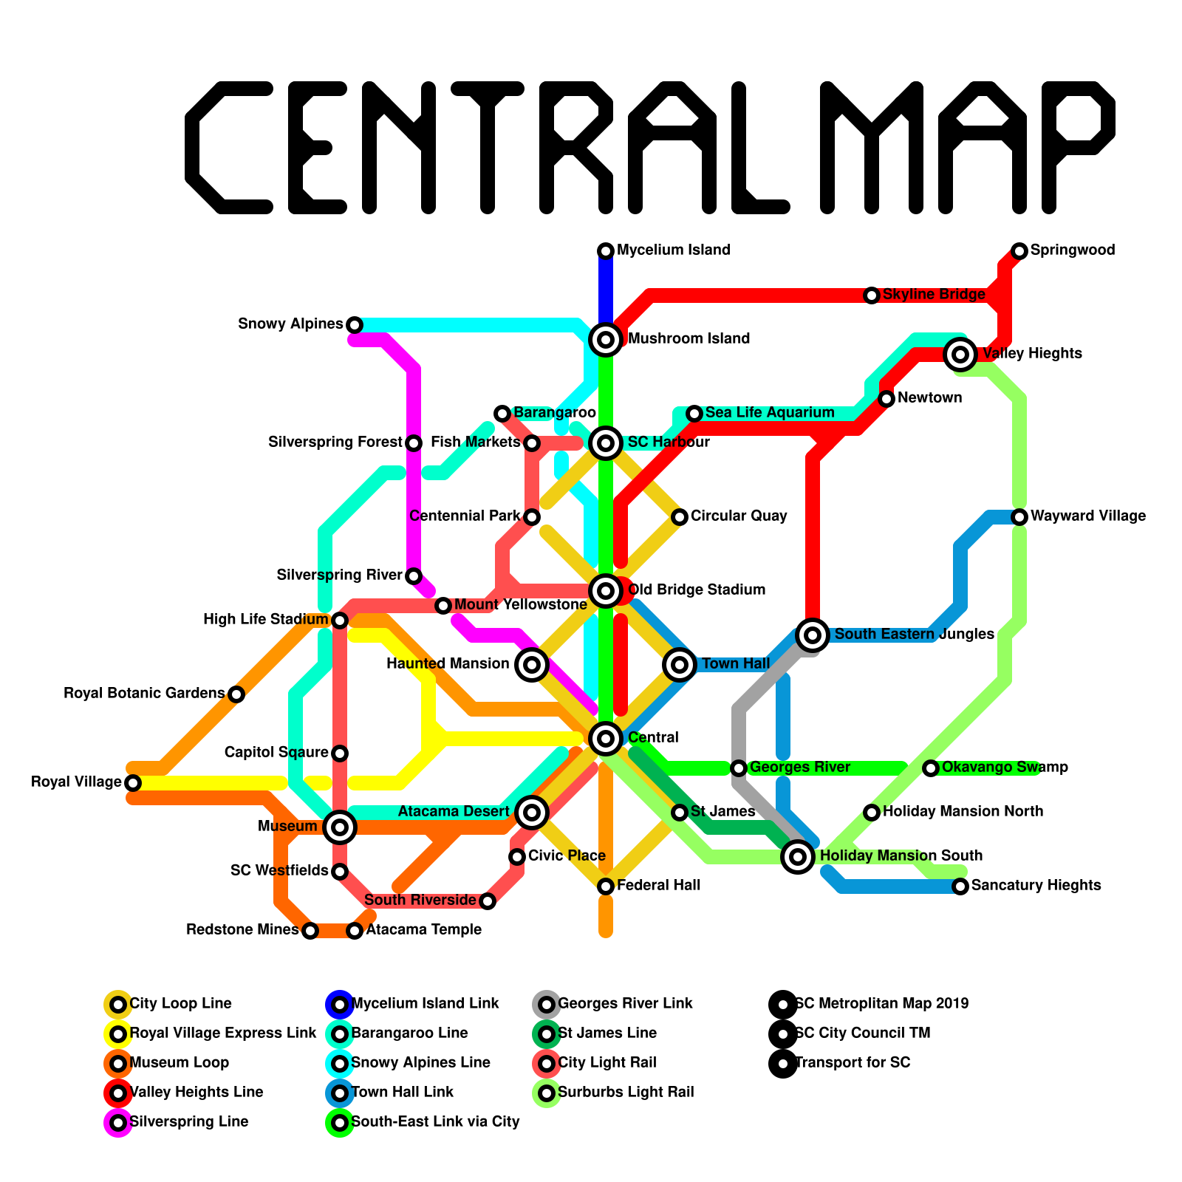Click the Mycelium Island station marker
coord(606,251)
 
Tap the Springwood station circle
coord(1019,251)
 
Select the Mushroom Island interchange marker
coord(606,340)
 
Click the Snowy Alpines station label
coord(290,324)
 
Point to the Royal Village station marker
coord(133,782)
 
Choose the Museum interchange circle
coord(340,827)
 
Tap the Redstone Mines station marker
coord(310,931)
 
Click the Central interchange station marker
coord(606,737)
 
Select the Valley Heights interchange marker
coord(960,355)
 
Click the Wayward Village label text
coord(1087,516)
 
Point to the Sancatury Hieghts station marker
coord(960,886)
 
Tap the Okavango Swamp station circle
coord(931,768)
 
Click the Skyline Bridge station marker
coord(872,295)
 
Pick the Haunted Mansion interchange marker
coord(532,665)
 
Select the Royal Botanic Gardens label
coord(144,694)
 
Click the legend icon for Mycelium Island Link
coord(339,1005)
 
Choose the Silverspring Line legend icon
coord(118,1123)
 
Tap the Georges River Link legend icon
coord(546,1005)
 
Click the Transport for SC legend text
coord(853,1063)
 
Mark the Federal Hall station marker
coord(606,886)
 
